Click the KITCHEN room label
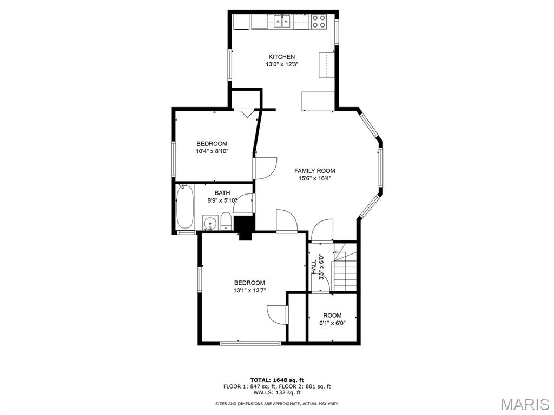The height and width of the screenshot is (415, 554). [281, 57]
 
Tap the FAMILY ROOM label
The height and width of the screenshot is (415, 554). [314, 171]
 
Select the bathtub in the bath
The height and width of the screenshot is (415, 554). [185, 207]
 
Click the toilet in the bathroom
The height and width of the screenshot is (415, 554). [226, 221]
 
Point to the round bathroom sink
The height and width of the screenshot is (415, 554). [210, 223]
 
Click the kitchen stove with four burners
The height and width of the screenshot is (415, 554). [319, 22]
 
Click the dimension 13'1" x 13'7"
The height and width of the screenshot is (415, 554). [249, 290]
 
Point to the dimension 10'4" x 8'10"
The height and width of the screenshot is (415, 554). [212, 151]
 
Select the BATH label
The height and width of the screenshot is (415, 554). [222, 193]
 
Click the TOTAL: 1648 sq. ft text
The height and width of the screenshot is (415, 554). [277, 380]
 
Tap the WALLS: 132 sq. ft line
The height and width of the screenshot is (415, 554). [277, 392]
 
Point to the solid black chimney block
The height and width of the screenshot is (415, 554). [245, 228]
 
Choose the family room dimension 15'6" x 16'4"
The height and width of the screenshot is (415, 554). [315, 178]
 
